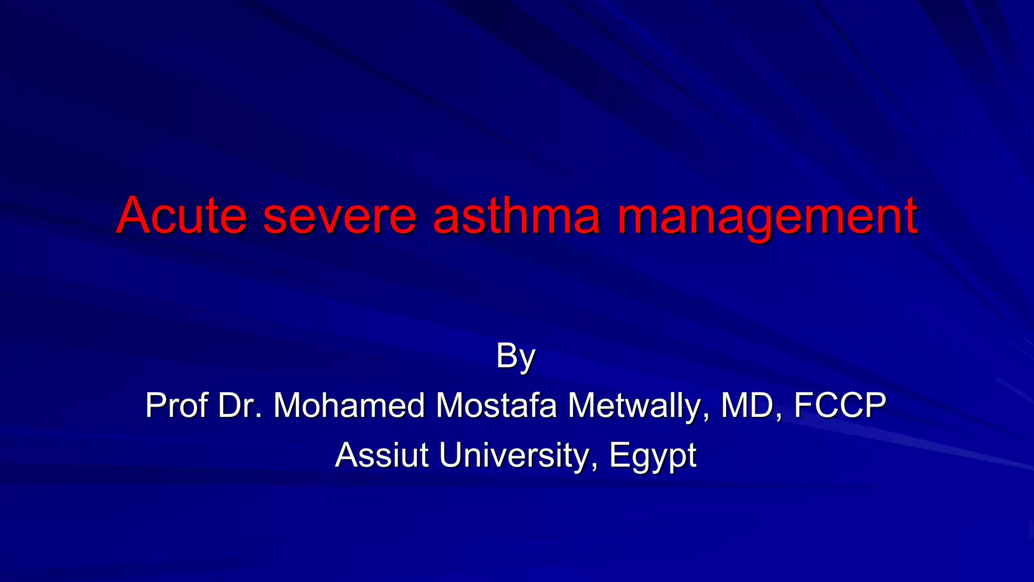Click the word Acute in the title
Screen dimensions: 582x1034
pyautogui.click(x=182, y=216)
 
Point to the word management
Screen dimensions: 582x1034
pyautogui.click(x=767, y=217)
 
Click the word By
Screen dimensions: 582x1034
pyautogui.click(x=515, y=357)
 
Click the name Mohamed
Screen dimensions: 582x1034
pyautogui.click(x=349, y=405)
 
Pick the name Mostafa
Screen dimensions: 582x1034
pyautogui.click(x=496, y=405)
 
